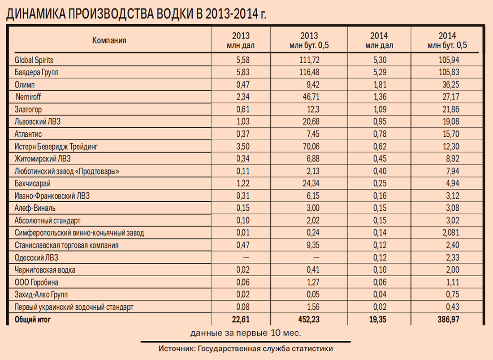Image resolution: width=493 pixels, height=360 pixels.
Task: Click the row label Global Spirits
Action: [x=34, y=60]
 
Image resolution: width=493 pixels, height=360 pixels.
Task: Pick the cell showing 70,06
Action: [x=309, y=147]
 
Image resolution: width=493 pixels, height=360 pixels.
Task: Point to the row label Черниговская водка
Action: [x=45, y=270]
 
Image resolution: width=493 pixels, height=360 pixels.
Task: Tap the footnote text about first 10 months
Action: [x=246, y=333]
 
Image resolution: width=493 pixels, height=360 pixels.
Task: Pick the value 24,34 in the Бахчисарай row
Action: [x=309, y=184]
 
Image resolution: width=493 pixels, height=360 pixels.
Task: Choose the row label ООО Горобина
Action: [x=36, y=282]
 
